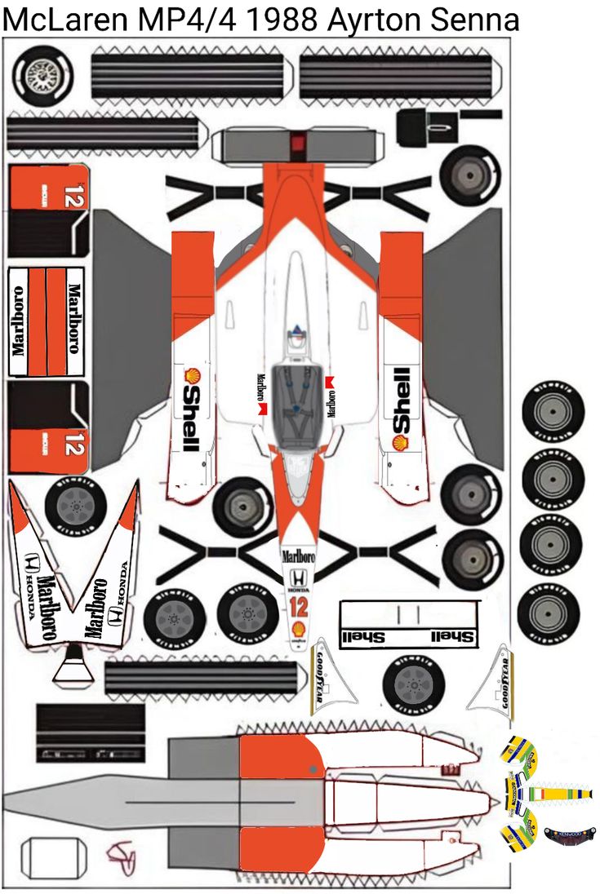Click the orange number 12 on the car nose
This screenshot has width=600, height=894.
[x=298, y=605]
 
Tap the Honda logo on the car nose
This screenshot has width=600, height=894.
[x=298, y=578]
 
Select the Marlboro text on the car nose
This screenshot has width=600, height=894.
[x=298, y=556]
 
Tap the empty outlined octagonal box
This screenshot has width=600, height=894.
[x=53, y=855]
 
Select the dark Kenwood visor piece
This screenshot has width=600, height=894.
[x=571, y=834]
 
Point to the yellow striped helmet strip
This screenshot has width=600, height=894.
[x=562, y=793]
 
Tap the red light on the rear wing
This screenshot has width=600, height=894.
[x=297, y=144]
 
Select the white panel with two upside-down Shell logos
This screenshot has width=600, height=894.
[x=408, y=625]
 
